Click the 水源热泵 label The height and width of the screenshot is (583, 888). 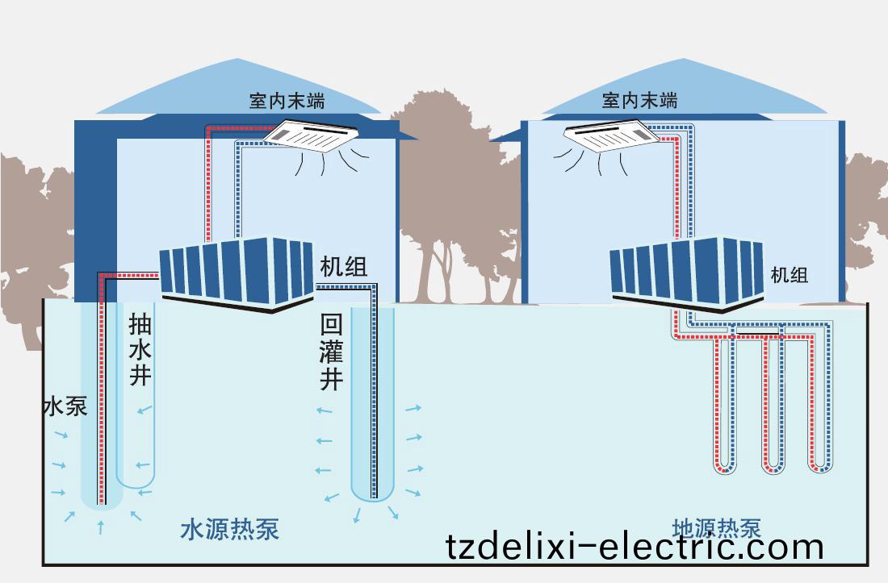point(230,530)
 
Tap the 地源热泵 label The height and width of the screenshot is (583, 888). point(716,528)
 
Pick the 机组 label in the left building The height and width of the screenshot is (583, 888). point(344,267)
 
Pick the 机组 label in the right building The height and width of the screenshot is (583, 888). point(790,274)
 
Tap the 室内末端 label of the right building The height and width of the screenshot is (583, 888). point(639,100)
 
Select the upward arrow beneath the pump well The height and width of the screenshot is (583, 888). point(100,527)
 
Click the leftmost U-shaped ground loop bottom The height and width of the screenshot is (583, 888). point(725,467)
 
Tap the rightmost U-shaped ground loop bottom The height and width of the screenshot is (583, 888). point(820,467)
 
